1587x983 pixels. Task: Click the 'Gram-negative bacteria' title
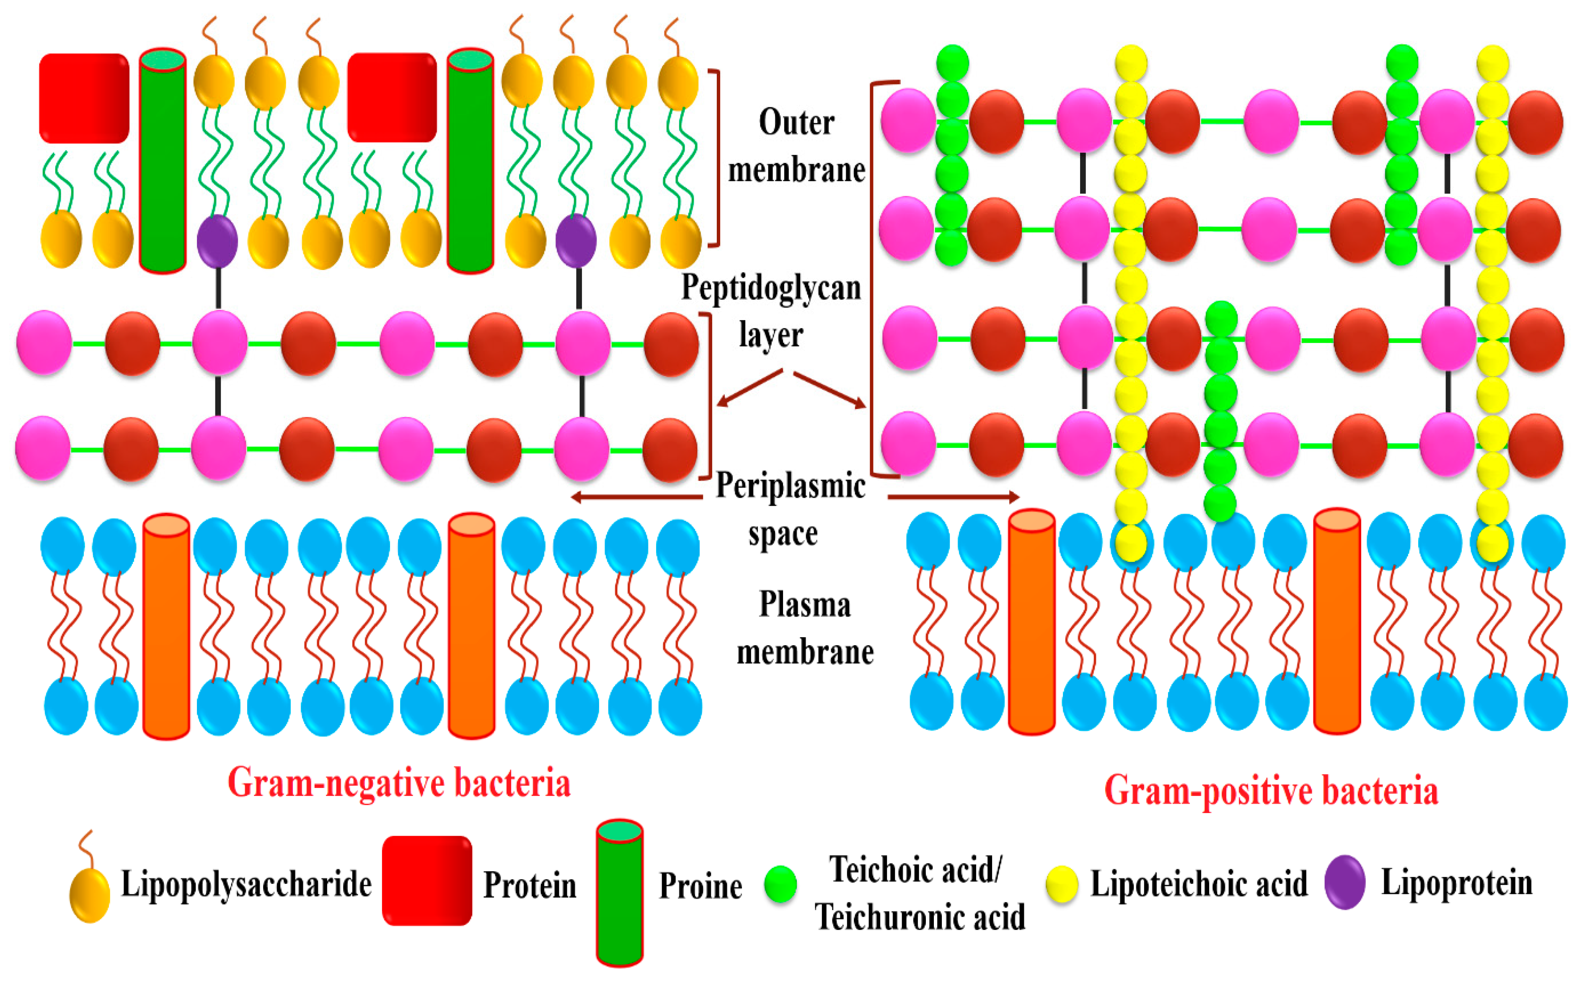click(x=399, y=783)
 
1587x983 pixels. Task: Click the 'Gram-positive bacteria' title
click(x=1271, y=791)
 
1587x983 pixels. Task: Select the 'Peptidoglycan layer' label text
click(x=771, y=311)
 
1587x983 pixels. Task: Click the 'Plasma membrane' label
click(x=804, y=628)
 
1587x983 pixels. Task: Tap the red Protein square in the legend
click(x=426, y=880)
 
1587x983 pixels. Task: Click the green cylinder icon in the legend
click(x=619, y=893)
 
